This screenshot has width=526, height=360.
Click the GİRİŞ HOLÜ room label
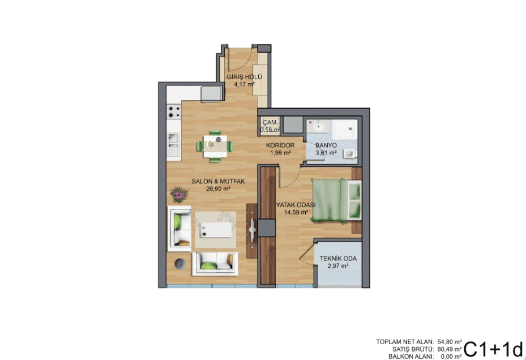pyautogui.click(x=244, y=77)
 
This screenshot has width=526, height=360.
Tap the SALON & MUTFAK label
pyautogui.click(x=219, y=182)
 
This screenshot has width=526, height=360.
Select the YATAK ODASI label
pyautogui.click(x=296, y=205)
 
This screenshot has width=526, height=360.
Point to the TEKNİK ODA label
pyautogui.click(x=338, y=259)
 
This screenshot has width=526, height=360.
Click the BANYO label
pyautogui.click(x=326, y=145)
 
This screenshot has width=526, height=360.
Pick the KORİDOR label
pyautogui.click(x=280, y=145)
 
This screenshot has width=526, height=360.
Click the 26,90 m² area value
pyautogui.click(x=218, y=189)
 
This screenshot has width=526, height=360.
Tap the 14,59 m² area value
pyautogui.click(x=296, y=212)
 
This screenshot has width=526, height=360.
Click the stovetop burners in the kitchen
pyautogui.click(x=174, y=112)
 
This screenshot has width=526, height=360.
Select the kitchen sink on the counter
pyautogui.click(x=173, y=140)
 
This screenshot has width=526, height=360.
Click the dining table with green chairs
pyautogui.click(x=215, y=146)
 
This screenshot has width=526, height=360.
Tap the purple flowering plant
pyautogui.click(x=179, y=195)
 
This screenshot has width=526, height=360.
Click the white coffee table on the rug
pyautogui.click(x=216, y=230)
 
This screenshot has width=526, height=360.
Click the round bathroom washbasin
pyautogui.click(x=317, y=127)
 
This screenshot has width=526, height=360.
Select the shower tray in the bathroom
pyautogui.click(x=344, y=129)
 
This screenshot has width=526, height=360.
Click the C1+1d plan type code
pyautogui.click(x=494, y=349)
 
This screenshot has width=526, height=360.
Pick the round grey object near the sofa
pyautogui.click(x=180, y=264)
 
